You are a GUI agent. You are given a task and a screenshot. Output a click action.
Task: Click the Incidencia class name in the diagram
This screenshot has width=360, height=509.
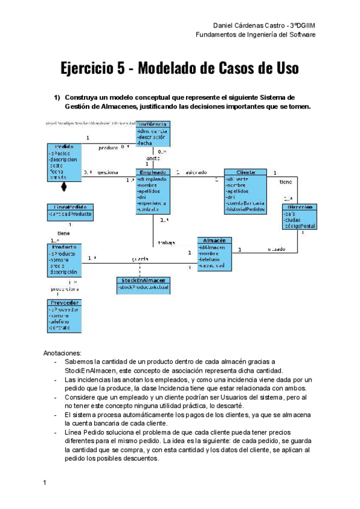click(152, 124)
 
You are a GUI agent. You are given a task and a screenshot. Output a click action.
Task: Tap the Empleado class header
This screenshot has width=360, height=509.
click(152, 172)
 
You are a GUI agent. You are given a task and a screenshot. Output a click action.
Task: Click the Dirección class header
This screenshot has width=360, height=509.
click(299, 207)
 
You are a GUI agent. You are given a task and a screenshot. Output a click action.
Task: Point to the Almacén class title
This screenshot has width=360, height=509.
click(214, 240)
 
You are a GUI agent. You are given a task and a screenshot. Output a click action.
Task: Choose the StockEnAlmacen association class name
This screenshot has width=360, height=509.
click(143, 280)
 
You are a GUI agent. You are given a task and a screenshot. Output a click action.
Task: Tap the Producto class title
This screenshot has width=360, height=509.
click(64, 247)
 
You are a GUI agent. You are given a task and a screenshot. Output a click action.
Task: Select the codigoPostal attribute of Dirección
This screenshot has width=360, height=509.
click(300, 226)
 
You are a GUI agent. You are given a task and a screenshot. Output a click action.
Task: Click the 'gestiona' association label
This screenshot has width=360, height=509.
click(108, 172)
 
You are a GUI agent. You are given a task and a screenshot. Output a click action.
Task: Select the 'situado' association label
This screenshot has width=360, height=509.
click(277, 248)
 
